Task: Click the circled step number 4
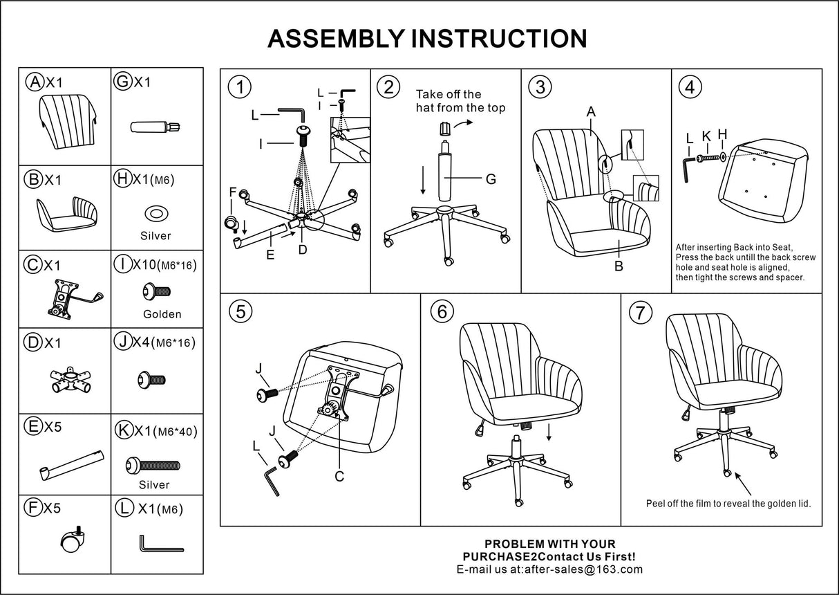(690, 88)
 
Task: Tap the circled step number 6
(442, 312)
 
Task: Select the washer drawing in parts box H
(156, 213)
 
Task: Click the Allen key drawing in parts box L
(160, 544)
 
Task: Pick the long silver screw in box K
(153, 466)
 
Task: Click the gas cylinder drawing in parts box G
(155, 127)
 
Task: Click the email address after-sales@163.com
(584, 569)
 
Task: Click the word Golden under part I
(162, 314)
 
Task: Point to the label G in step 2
(491, 179)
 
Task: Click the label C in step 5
(339, 476)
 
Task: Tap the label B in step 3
(619, 265)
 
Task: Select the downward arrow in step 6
(549, 432)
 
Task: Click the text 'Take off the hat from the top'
(460, 101)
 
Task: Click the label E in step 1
(270, 255)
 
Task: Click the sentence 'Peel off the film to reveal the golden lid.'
(728, 503)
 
